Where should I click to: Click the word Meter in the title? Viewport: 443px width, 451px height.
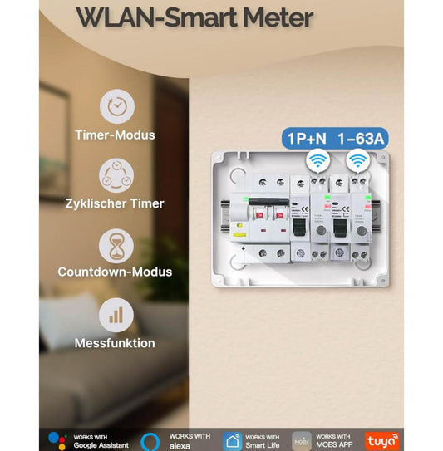pyautogui.click(x=275, y=17)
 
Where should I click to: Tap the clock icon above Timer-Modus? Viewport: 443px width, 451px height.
pyautogui.click(x=116, y=106)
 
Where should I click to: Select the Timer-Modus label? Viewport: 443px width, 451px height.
pyautogui.click(x=116, y=135)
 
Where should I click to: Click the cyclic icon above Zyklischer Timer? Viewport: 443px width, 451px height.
pyautogui.click(x=116, y=175)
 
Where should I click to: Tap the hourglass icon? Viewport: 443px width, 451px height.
pyautogui.click(x=116, y=246)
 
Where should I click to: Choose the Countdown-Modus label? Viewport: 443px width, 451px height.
pyautogui.click(x=116, y=272)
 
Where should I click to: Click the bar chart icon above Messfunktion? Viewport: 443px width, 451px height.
pyautogui.click(x=116, y=316)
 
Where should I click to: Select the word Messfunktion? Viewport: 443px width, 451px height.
pyautogui.click(x=116, y=342)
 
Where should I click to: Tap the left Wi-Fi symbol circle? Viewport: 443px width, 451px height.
pyautogui.click(x=317, y=160)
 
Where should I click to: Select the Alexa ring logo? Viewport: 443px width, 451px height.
pyautogui.click(x=150, y=439)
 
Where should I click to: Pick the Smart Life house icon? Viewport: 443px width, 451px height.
pyautogui.click(x=232, y=439)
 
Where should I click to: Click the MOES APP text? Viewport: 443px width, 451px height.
pyautogui.click(x=333, y=444)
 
